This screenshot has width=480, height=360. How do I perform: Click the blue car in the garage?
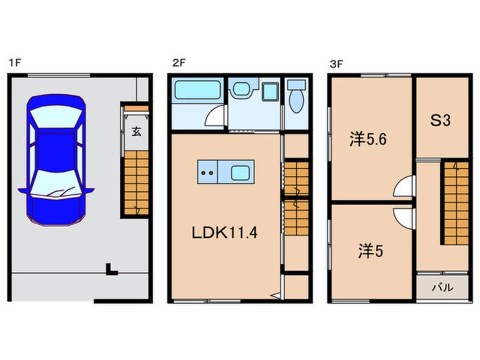pos(56,160)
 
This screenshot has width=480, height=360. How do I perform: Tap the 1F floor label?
pos(15,63)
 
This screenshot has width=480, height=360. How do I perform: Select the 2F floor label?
pos(179,63)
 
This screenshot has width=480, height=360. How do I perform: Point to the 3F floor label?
pos(336,64)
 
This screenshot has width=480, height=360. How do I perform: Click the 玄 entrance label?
pos(137,132)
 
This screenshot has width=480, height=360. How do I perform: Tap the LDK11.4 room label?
pos(224,233)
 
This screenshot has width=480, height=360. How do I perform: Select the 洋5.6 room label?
pos(368,140)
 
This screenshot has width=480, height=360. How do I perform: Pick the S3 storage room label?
pos(440,120)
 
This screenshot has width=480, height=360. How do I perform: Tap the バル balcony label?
pos(443,288)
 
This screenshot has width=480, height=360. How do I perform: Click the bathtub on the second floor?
pos(197,90)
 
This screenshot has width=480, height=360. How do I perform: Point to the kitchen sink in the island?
pos(240,173)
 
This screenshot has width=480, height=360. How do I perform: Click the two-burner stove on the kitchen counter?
pos(207,172)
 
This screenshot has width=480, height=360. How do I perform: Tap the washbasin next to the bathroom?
pos(242,89)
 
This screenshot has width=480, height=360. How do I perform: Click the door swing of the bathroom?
pos(215,116)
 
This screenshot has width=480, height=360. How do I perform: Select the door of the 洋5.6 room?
pos(404,186)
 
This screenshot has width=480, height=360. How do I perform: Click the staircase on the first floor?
pos(136,183)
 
